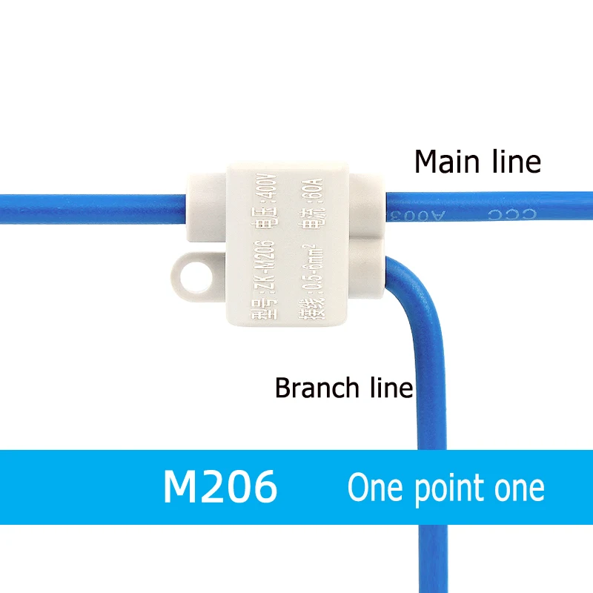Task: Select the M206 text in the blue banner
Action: pyautogui.click(x=220, y=487)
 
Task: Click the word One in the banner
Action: pyautogui.click(x=376, y=488)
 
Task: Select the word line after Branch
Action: pyautogui.click(x=390, y=388)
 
